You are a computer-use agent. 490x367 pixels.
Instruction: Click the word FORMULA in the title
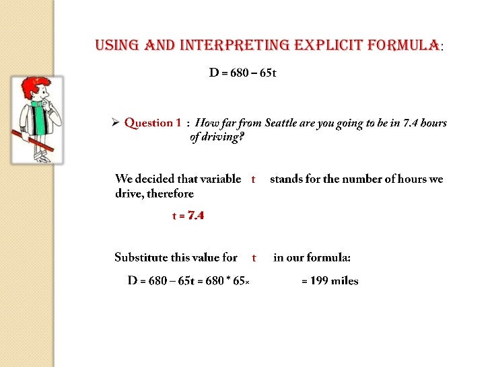click(x=403, y=46)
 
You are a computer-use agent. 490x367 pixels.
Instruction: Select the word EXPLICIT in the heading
click(x=323, y=46)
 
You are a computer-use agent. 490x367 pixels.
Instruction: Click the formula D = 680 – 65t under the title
click(x=242, y=73)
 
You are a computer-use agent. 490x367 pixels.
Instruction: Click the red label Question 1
click(x=153, y=123)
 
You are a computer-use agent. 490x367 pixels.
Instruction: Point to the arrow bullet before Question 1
click(x=115, y=123)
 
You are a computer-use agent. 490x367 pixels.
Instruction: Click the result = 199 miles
click(x=330, y=281)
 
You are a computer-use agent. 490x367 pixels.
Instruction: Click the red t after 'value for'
click(x=254, y=258)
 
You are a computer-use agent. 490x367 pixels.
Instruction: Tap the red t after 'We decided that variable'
click(x=253, y=179)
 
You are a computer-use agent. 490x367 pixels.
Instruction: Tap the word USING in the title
click(x=117, y=46)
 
